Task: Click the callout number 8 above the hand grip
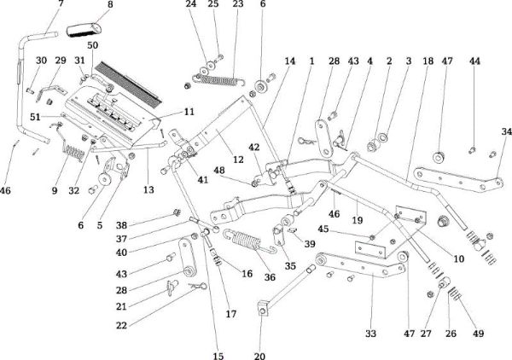click(108, 4)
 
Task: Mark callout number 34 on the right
click(506, 131)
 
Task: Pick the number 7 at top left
click(60, 4)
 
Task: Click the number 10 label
click(458, 257)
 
